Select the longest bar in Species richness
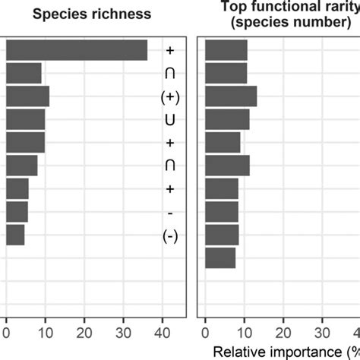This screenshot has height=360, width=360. coord(77,49)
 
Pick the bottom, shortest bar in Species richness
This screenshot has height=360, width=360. coord(15,235)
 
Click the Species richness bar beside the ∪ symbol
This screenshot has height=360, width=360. coord(26,119)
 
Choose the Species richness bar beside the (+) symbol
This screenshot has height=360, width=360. coord(27,96)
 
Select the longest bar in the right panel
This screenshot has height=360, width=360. coord(231,96)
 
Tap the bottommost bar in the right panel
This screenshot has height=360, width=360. coord(220,258)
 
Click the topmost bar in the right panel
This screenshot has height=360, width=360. coord(226,49)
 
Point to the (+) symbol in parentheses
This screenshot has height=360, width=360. coord(169,96)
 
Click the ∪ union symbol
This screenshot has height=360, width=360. coord(169,119)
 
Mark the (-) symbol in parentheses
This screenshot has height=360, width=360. coord(169,236)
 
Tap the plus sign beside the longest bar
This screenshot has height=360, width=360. coord(169,50)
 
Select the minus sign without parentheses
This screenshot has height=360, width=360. coord(169,213)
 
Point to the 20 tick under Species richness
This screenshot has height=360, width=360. coord(84,331)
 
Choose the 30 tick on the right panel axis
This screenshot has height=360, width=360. coord(321,331)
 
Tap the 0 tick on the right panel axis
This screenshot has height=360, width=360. coord(205,331)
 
